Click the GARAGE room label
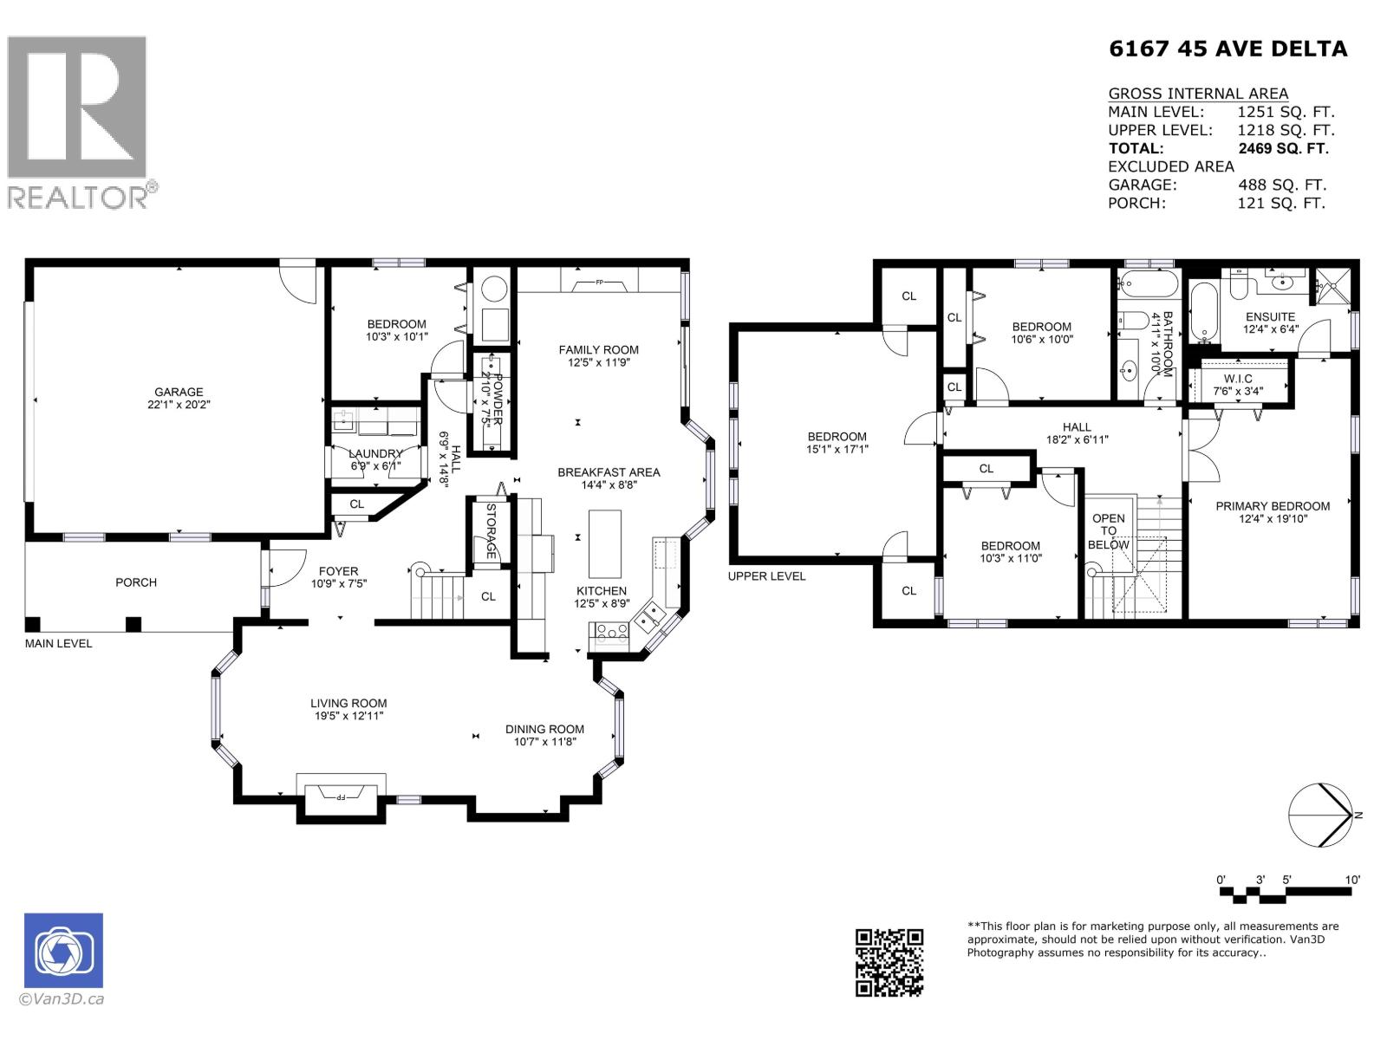(x=179, y=392)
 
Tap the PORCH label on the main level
(x=136, y=582)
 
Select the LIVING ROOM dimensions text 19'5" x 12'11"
(x=348, y=717)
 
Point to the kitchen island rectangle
(x=605, y=543)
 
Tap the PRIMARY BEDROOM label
(x=1272, y=506)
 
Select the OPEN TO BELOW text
(x=1109, y=531)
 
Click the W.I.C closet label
(x=1238, y=379)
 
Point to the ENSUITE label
(x=1270, y=317)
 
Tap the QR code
(x=889, y=962)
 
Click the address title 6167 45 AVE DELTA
(x=1227, y=49)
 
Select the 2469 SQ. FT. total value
(x=1283, y=148)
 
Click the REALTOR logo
(x=78, y=121)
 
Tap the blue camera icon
(x=64, y=951)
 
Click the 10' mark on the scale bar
(x=1352, y=880)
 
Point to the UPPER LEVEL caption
(x=766, y=576)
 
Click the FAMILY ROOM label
(x=598, y=350)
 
